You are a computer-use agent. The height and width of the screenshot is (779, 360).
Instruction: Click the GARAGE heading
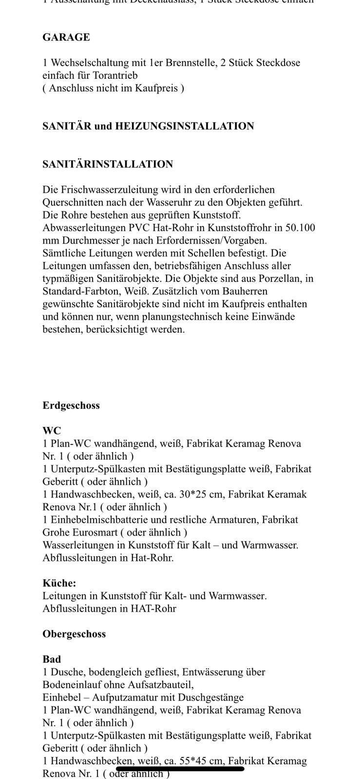66,37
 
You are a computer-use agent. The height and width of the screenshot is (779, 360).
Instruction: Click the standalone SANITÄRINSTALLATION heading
108,164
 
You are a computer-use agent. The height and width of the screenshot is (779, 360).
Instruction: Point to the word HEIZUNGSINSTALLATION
185,126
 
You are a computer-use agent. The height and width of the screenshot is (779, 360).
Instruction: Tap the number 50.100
302,227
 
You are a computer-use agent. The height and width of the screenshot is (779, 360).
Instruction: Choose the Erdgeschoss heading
71,406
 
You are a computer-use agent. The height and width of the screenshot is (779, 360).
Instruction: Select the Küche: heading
59,583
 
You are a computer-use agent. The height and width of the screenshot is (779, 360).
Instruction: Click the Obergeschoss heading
74,634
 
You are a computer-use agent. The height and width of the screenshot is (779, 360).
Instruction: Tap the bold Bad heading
52,659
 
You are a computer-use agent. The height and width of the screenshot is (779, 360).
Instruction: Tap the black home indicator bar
180,769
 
